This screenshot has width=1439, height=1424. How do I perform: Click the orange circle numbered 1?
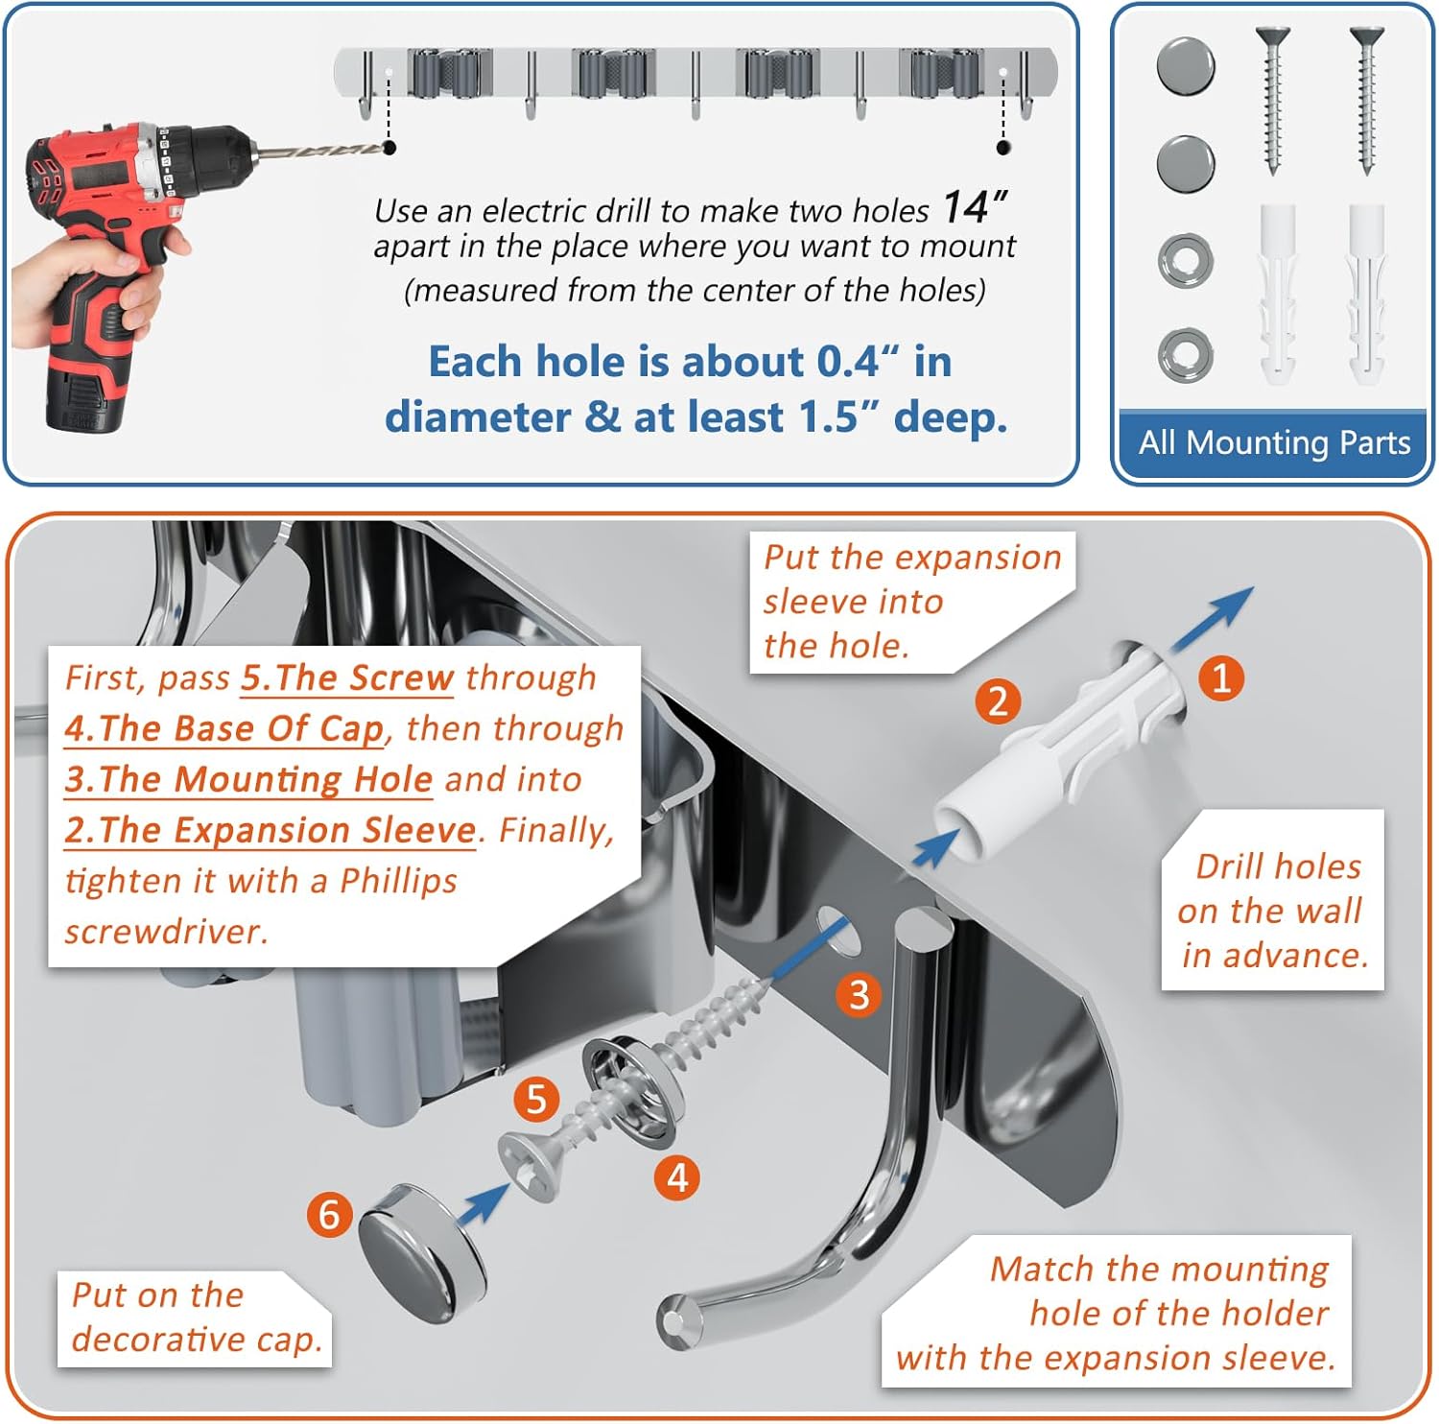pos(1221,678)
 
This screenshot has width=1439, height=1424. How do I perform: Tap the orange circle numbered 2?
pos(998,701)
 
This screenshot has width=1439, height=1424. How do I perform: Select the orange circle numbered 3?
pos(859,995)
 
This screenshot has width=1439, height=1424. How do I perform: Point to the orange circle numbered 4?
pos(677,1177)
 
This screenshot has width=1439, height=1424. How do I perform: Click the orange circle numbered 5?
pos(536,1099)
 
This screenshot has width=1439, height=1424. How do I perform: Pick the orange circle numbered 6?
pos(330,1215)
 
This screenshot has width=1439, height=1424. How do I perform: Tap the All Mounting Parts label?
pos(1274,442)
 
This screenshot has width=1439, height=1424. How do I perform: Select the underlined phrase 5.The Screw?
pos(347,677)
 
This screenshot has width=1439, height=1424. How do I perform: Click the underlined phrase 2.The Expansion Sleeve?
pos(271,830)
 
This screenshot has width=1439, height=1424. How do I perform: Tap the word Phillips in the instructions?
pos(398,882)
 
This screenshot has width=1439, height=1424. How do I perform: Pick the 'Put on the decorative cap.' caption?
pos(197,1317)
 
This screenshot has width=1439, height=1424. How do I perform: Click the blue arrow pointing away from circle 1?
pos(1212,621)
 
